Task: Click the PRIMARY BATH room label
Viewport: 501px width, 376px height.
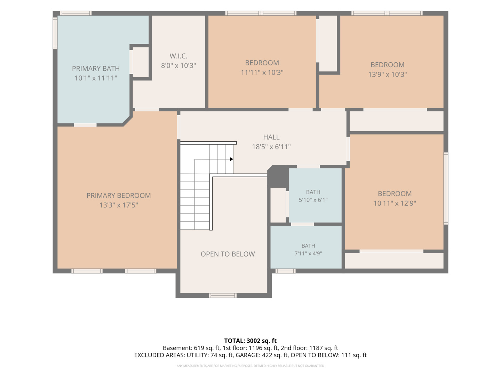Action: [x=96, y=69]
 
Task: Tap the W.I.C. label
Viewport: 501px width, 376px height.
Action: [x=178, y=56]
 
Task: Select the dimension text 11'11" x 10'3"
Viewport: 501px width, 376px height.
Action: [x=262, y=72]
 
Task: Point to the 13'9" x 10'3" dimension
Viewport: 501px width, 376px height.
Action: [x=387, y=74]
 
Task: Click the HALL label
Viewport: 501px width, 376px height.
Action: [x=271, y=137]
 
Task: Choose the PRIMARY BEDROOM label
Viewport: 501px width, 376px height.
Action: [x=118, y=195]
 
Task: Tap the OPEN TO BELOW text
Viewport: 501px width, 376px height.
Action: [x=228, y=254]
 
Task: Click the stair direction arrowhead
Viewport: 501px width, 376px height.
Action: [x=231, y=159]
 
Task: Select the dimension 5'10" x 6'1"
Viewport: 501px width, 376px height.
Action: [x=313, y=200]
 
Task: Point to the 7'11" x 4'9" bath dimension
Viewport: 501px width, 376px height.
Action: [x=308, y=253]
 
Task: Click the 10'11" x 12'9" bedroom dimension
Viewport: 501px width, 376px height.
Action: [x=395, y=203]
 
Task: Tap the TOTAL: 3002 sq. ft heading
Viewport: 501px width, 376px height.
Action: [x=250, y=341]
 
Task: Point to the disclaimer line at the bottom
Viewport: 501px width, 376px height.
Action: [x=250, y=366]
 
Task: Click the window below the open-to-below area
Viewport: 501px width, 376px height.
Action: [x=223, y=296]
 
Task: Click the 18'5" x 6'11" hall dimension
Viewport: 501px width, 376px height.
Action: [x=271, y=147]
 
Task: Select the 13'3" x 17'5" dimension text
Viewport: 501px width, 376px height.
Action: [x=118, y=205]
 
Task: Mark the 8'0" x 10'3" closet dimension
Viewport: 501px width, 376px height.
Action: [x=178, y=65]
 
